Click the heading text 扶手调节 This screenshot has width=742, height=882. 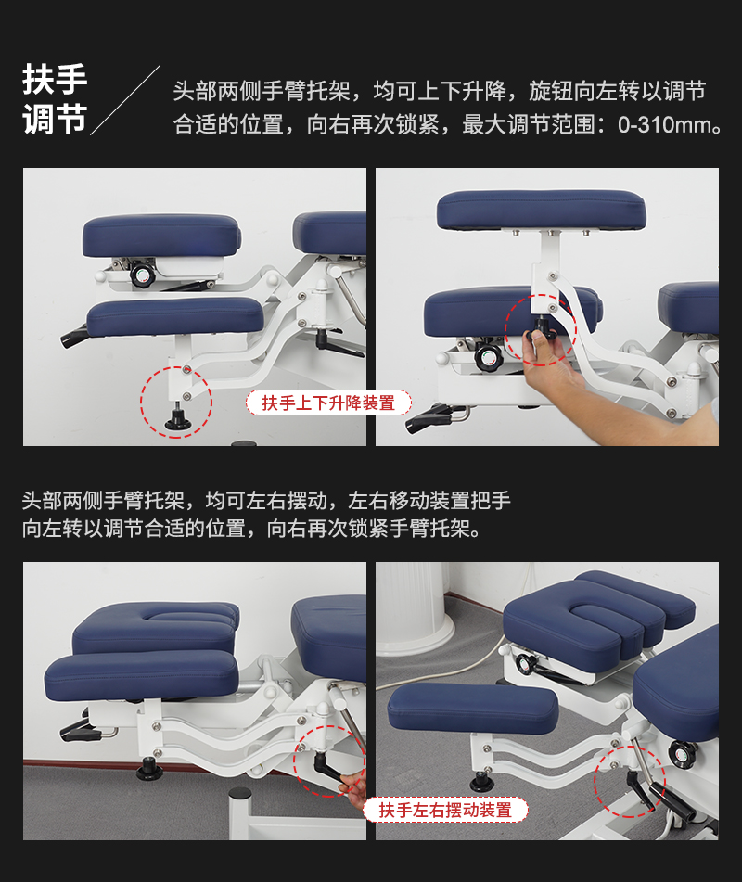coord(55,100)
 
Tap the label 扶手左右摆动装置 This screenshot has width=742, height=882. coord(445,810)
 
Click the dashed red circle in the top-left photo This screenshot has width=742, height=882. coord(176,402)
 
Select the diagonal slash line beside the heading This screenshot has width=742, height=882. coord(125,100)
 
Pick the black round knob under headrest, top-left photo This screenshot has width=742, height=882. coord(141,275)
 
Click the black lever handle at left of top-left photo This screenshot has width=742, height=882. coord(75,338)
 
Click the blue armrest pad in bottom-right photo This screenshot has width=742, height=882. coord(472,707)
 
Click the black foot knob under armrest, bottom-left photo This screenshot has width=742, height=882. coord(149,770)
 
